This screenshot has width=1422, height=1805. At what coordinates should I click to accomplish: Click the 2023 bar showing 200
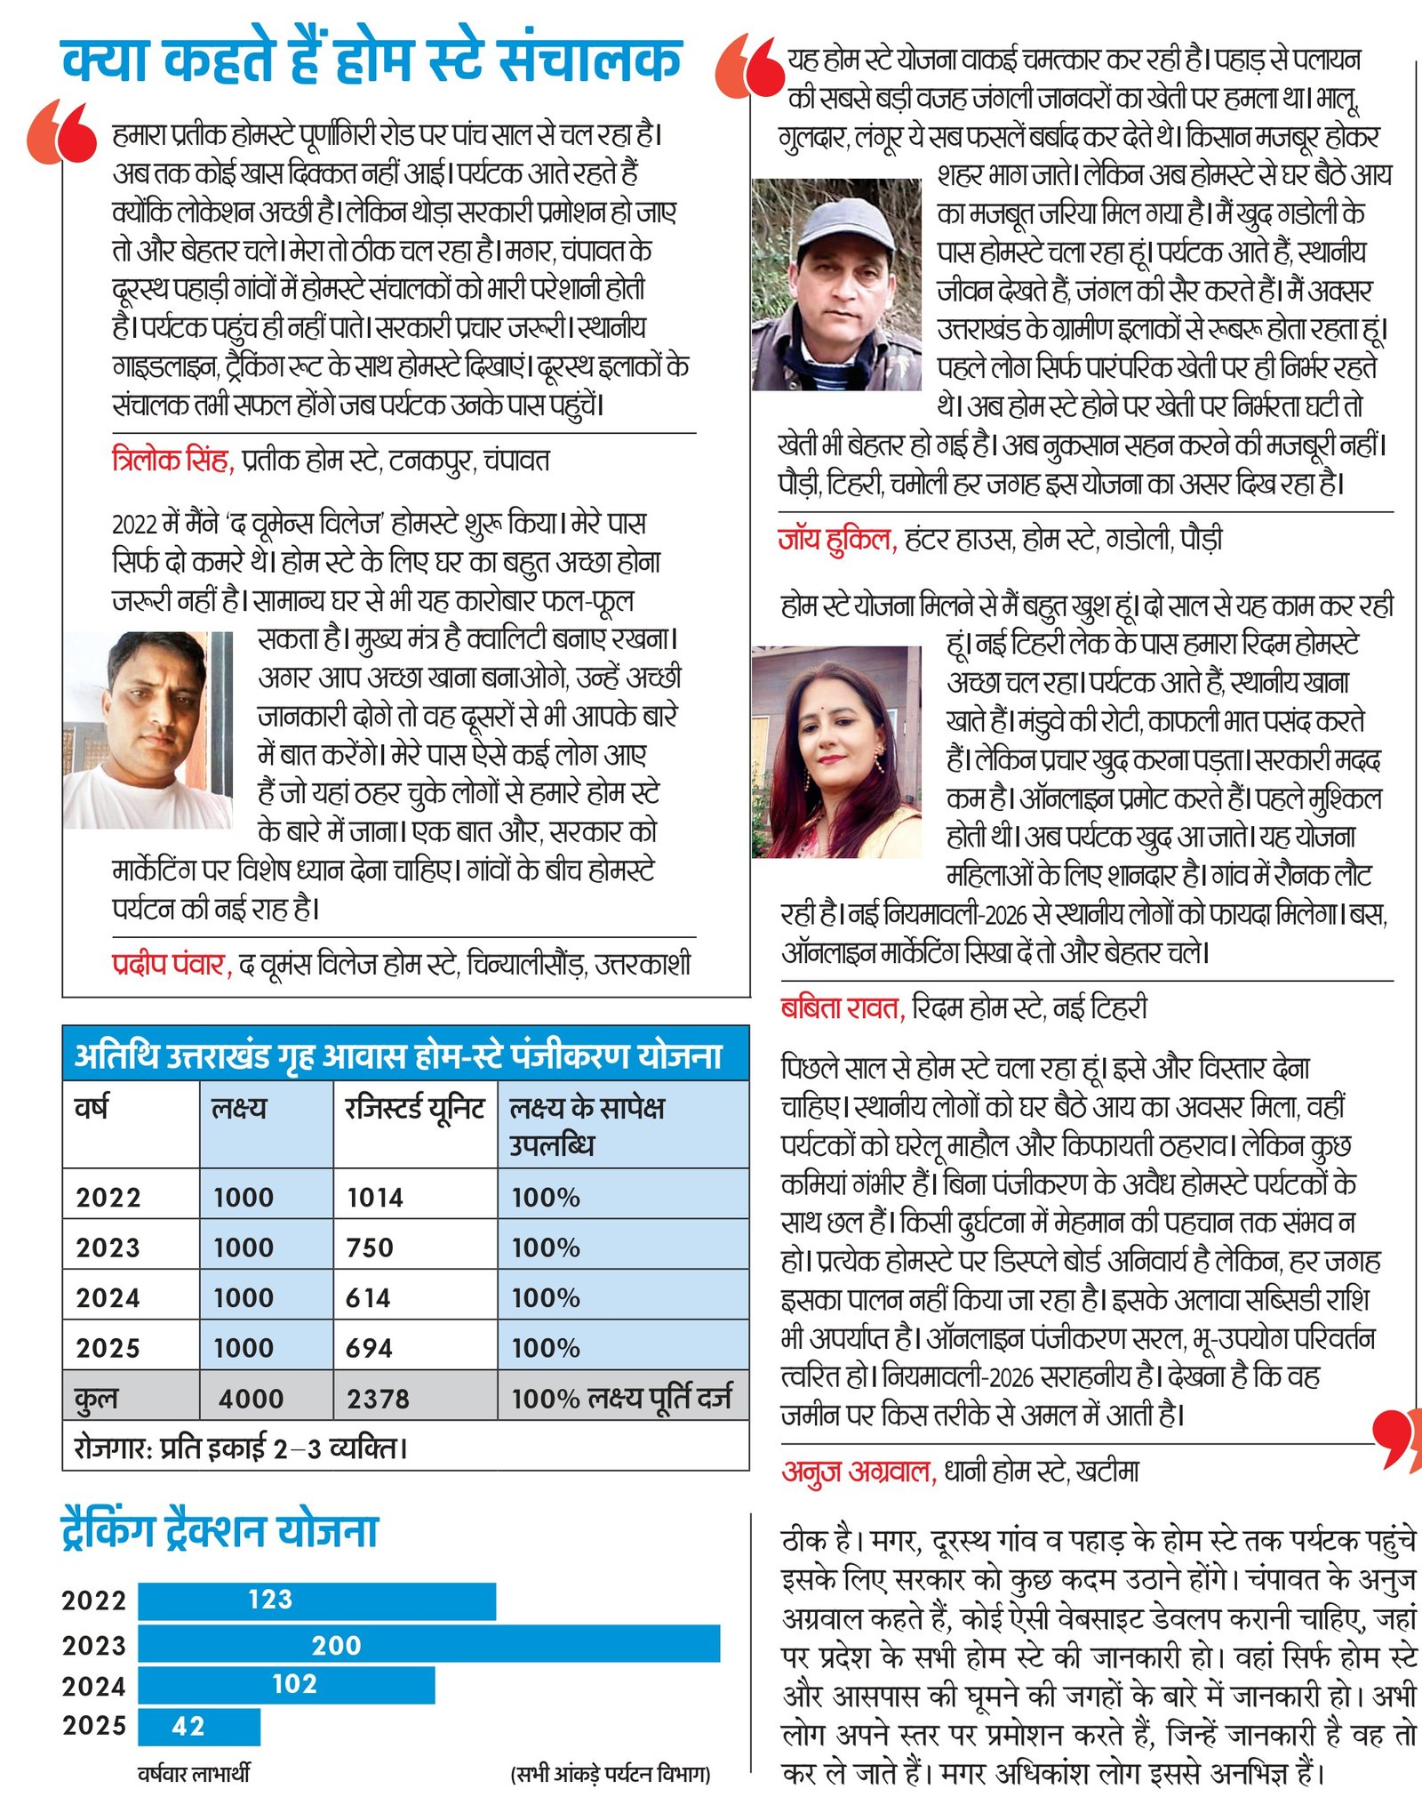tap(428, 1644)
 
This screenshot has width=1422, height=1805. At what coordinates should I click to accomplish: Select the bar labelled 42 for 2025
tap(199, 1726)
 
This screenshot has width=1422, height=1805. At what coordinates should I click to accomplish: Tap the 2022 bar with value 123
tap(316, 1600)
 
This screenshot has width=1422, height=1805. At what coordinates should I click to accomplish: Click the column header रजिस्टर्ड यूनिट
tap(414, 1109)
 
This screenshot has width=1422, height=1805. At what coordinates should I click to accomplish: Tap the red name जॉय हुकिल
tap(836, 538)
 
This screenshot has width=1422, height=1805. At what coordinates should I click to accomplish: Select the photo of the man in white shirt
tap(148, 730)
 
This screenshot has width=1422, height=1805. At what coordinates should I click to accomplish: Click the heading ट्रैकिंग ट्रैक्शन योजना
tap(220, 1531)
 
